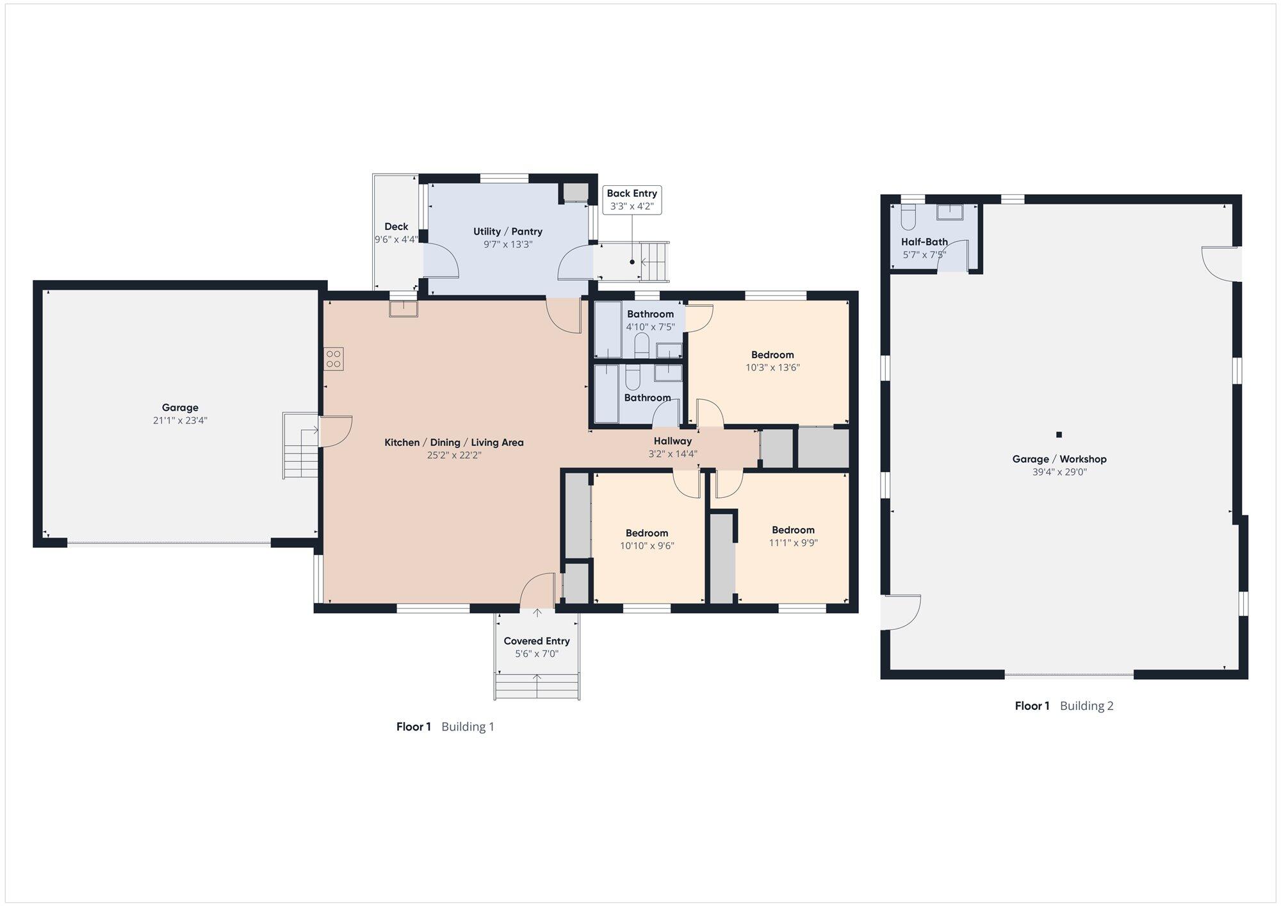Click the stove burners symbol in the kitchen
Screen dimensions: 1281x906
tap(333, 359)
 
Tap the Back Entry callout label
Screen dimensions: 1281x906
tap(632, 194)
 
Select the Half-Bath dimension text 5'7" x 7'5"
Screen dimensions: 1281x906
tap(924, 254)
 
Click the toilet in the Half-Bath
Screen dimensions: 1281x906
tap(908, 217)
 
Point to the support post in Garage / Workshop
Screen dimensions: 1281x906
tap(1059, 434)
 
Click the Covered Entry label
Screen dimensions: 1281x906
tap(537, 641)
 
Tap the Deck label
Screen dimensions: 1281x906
tap(396, 226)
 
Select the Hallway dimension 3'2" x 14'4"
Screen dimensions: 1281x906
tap(673, 454)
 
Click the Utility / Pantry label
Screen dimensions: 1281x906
tap(508, 231)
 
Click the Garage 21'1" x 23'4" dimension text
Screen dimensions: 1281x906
tap(180, 420)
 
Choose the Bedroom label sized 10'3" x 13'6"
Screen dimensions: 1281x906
tap(772, 355)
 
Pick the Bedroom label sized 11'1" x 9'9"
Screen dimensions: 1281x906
tap(794, 530)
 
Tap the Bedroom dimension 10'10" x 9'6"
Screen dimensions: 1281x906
tap(647, 546)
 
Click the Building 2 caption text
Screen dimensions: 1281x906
tap(1087, 706)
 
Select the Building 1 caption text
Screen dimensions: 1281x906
tap(468, 727)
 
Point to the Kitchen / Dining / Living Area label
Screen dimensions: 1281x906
tap(454, 442)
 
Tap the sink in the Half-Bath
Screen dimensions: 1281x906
tap(949, 211)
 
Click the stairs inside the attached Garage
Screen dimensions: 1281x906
tap(300, 445)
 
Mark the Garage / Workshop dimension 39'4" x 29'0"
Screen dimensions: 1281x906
tap(1059, 472)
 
